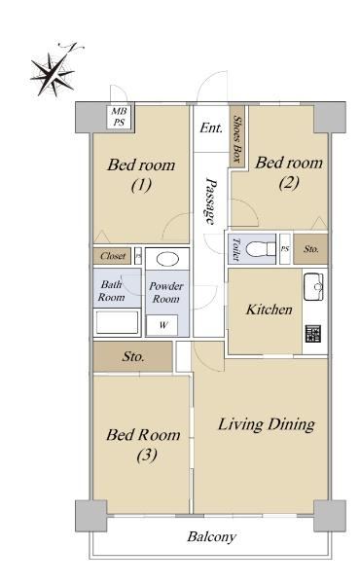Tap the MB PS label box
coord(119,117)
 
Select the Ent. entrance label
coord(211,128)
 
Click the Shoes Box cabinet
coord(236,136)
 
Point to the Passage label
coord(211,201)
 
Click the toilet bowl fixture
coord(260,248)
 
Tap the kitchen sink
coord(313,287)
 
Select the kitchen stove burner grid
coord(313,333)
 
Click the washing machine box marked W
coord(162,325)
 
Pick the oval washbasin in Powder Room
coord(167,259)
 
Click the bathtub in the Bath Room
coord(117,322)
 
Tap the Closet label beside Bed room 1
coord(113,256)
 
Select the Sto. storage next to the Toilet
coord(310,249)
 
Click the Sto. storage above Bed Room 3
coord(133,356)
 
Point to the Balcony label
coord(211,536)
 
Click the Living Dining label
coord(267,424)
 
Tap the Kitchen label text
coord(270,310)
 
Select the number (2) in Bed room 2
coord(289,183)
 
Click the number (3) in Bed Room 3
coord(147,455)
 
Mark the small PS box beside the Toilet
coord(285,249)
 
